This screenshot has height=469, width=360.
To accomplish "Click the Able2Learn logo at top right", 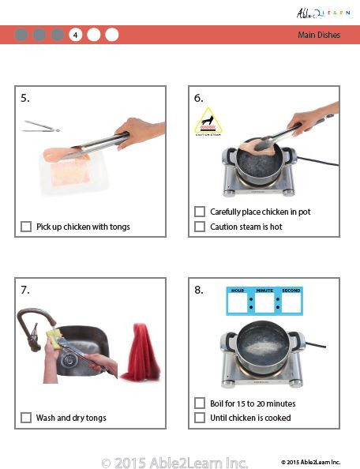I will (320, 13).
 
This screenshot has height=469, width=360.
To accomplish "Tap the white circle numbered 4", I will (76, 35).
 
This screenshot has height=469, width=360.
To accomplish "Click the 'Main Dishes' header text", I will (319, 35).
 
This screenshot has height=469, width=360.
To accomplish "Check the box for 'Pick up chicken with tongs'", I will (26, 227).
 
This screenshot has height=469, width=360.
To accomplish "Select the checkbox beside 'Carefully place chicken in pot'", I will (200, 212).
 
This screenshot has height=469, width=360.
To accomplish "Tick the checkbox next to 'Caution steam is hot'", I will (200, 227).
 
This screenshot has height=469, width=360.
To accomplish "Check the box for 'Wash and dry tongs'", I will (26, 418).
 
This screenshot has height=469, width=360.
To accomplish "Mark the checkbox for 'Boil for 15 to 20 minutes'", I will (200, 403).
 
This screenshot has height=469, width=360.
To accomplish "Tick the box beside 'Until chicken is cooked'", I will (200, 418).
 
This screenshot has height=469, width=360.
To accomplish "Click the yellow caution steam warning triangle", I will (208, 123).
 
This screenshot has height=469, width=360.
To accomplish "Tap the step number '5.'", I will (25, 98).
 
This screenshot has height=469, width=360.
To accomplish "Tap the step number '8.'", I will (199, 290).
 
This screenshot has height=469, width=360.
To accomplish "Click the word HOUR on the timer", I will (238, 291).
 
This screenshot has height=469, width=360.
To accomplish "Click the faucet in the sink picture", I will (33, 328).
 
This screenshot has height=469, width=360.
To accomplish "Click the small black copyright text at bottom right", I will (310, 461).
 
